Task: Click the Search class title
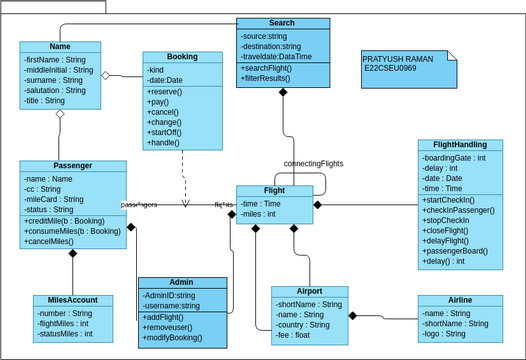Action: point(282,23)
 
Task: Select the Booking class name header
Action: point(182,58)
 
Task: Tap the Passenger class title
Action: point(72,166)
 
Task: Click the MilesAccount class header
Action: point(72,299)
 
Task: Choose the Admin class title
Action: point(182,283)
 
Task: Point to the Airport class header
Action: point(309,292)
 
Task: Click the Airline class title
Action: point(460,300)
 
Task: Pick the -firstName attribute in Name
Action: point(58,60)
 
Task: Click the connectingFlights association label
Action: point(314,162)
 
